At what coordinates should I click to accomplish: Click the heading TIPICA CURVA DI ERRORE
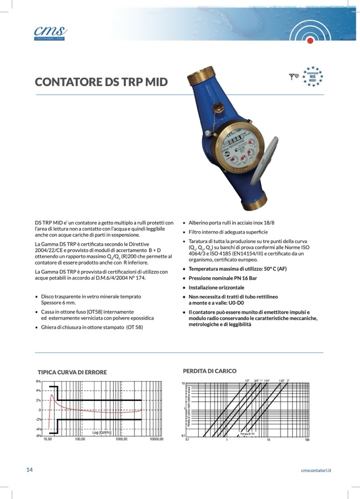pyautogui.click(x=72, y=372)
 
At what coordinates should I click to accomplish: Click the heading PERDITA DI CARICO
pyautogui.click(x=210, y=371)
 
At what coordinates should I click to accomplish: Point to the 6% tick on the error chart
pyautogui.click(x=38, y=382)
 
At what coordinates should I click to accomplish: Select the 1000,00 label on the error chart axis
pyautogui.click(x=121, y=440)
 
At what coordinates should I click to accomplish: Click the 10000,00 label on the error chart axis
pyautogui.click(x=156, y=440)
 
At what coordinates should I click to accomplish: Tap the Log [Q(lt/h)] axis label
pyautogui.click(x=105, y=433)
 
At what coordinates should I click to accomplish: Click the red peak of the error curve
pyautogui.click(x=52, y=395)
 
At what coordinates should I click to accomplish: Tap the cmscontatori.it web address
pyautogui.click(x=316, y=470)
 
